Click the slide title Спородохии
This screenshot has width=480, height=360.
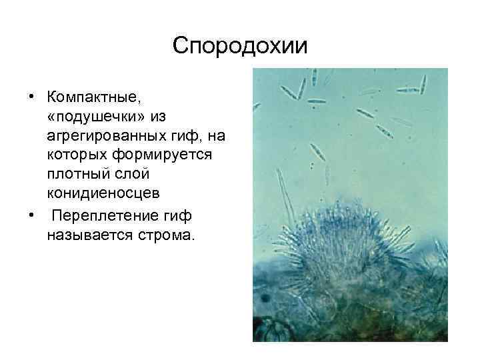point(240,46)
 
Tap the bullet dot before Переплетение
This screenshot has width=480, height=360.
point(31,217)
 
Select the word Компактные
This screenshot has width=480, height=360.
point(94,97)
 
